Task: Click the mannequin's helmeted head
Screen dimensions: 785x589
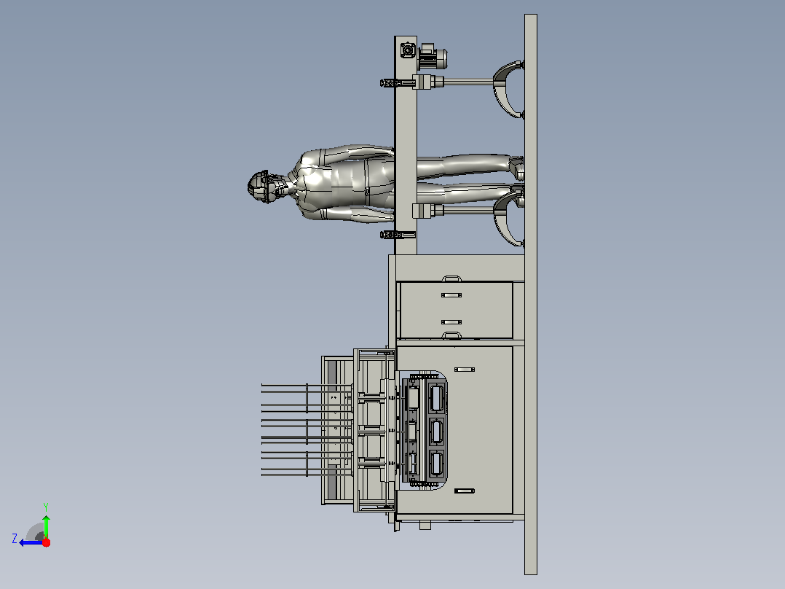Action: [263, 187]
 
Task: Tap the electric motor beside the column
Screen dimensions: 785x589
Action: [432, 57]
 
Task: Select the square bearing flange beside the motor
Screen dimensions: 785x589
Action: [408, 50]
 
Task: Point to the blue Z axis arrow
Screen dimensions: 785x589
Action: [31, 542]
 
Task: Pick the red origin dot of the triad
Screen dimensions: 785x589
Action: [46, 542]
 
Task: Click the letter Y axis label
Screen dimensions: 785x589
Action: [46, 507]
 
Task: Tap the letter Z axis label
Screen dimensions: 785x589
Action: [15, 539]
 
